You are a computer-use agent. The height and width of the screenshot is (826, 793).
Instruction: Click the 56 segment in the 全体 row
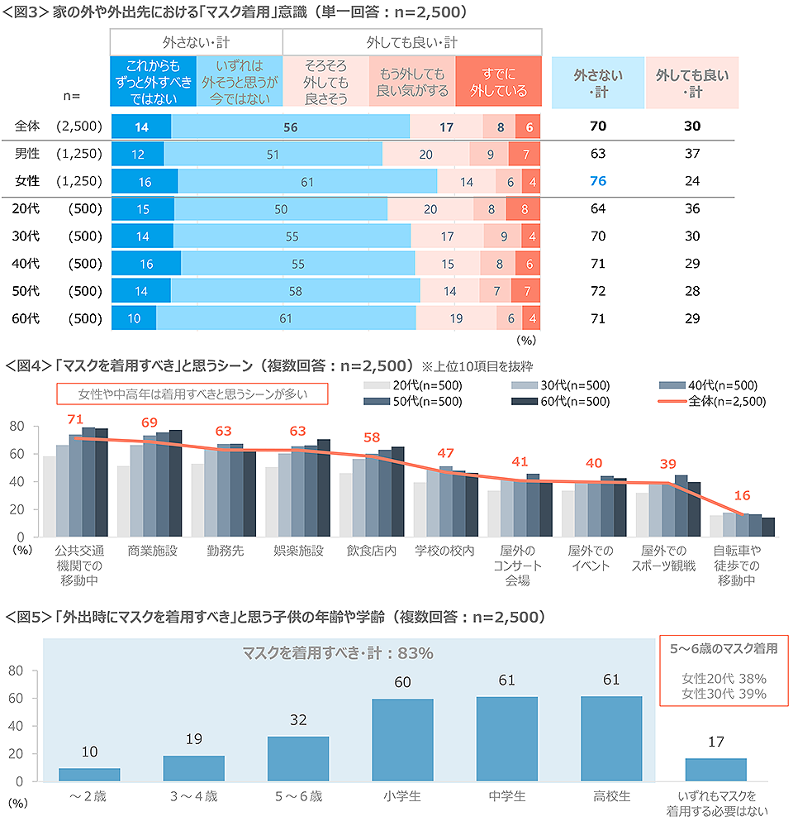click(x=290, y=127)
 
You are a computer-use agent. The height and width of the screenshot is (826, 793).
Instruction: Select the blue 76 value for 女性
click(x=600, y=182)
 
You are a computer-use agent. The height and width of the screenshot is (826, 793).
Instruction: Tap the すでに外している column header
click(x=498, y=82)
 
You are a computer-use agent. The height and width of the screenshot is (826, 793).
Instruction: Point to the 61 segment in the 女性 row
click(x=307, y=182)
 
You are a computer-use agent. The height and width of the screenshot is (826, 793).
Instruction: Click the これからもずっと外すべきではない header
click(x=153, y=82)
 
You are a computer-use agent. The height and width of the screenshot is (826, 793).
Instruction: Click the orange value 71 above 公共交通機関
click(x=75, y=420)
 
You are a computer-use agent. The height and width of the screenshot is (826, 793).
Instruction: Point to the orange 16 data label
click(x=741, y=496)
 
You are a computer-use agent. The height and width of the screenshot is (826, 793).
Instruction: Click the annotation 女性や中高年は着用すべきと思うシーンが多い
click(x=192, y=394)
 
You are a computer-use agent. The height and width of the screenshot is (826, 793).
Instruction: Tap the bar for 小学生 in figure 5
click(x=401, y=740)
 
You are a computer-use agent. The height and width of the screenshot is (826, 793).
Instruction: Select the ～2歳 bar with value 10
click(x=88, y=775)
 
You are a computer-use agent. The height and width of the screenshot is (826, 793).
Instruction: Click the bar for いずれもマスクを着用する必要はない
click(x=715, y=770)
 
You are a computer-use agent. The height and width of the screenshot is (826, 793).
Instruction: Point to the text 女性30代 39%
click(x=724, y=695)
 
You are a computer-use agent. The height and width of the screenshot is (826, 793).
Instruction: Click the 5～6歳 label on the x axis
click(x=298, y=797)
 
